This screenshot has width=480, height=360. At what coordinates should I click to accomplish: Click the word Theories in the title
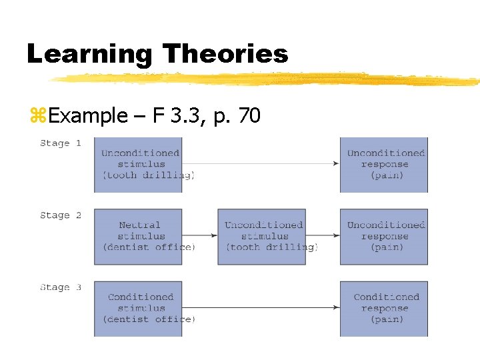click(x=225, y=53)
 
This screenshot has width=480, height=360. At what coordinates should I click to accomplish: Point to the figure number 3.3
click(x=178, y=115)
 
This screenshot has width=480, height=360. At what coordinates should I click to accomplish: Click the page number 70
click(x=249, y=115)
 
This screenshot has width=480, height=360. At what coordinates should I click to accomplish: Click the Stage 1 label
click(x=60, y=143)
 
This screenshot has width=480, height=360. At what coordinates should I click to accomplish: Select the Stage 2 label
click(x=60, y=215)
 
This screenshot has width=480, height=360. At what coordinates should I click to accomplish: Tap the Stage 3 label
click(x=60, y=287)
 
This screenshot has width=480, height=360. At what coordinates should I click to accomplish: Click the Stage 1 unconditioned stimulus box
click(x=138, y=165)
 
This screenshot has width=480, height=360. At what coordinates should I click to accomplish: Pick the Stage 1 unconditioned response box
click(x=384, y=165)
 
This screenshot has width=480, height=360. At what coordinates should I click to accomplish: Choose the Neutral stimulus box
click(x=138, y=236)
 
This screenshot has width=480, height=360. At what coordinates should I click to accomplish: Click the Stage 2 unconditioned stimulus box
click(x=262, y=236)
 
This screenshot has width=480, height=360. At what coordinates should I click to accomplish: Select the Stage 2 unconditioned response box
click(x=384, y=236)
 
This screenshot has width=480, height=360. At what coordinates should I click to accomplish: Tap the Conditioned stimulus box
click(x=138, y=308)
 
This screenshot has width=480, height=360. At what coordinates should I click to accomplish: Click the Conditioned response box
click(x=384, y=308)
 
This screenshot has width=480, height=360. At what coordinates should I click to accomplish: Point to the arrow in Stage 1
click(x=260, y=163)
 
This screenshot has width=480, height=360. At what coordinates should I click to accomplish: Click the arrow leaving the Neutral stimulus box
click(x=200, y=235)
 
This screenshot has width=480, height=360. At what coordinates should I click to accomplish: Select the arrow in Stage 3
click(x=260, y=307)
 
